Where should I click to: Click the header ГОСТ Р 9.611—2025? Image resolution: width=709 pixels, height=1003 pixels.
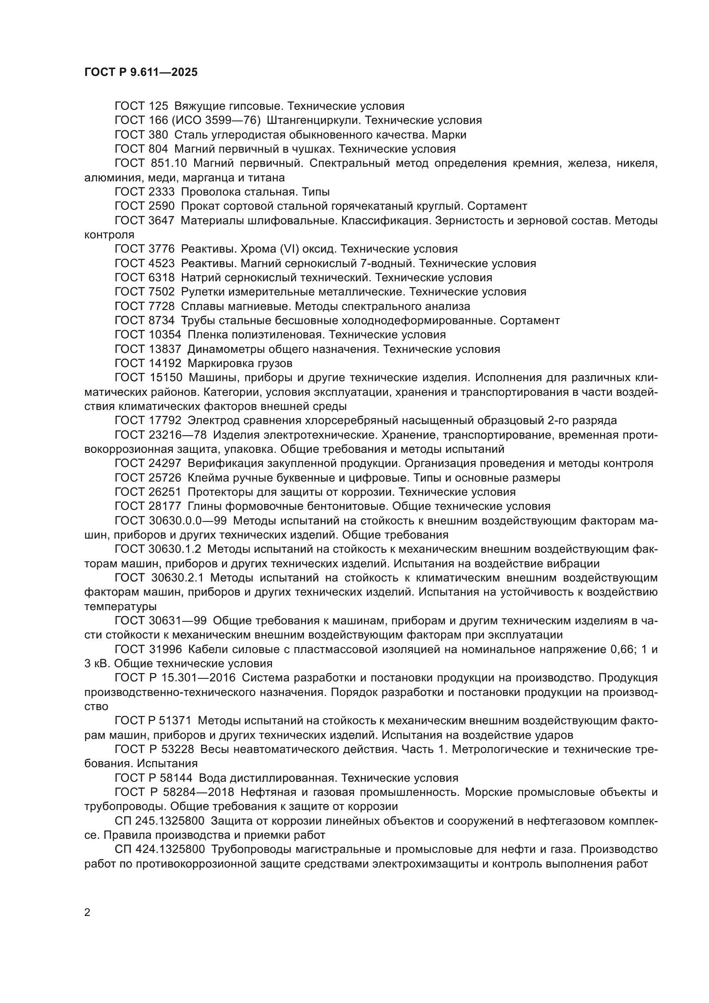click(x=141, y=72)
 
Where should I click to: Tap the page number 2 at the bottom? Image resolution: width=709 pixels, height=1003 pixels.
click(x=87, y=913)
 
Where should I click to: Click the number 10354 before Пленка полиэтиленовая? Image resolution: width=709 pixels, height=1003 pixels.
click(x=164, y=334)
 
